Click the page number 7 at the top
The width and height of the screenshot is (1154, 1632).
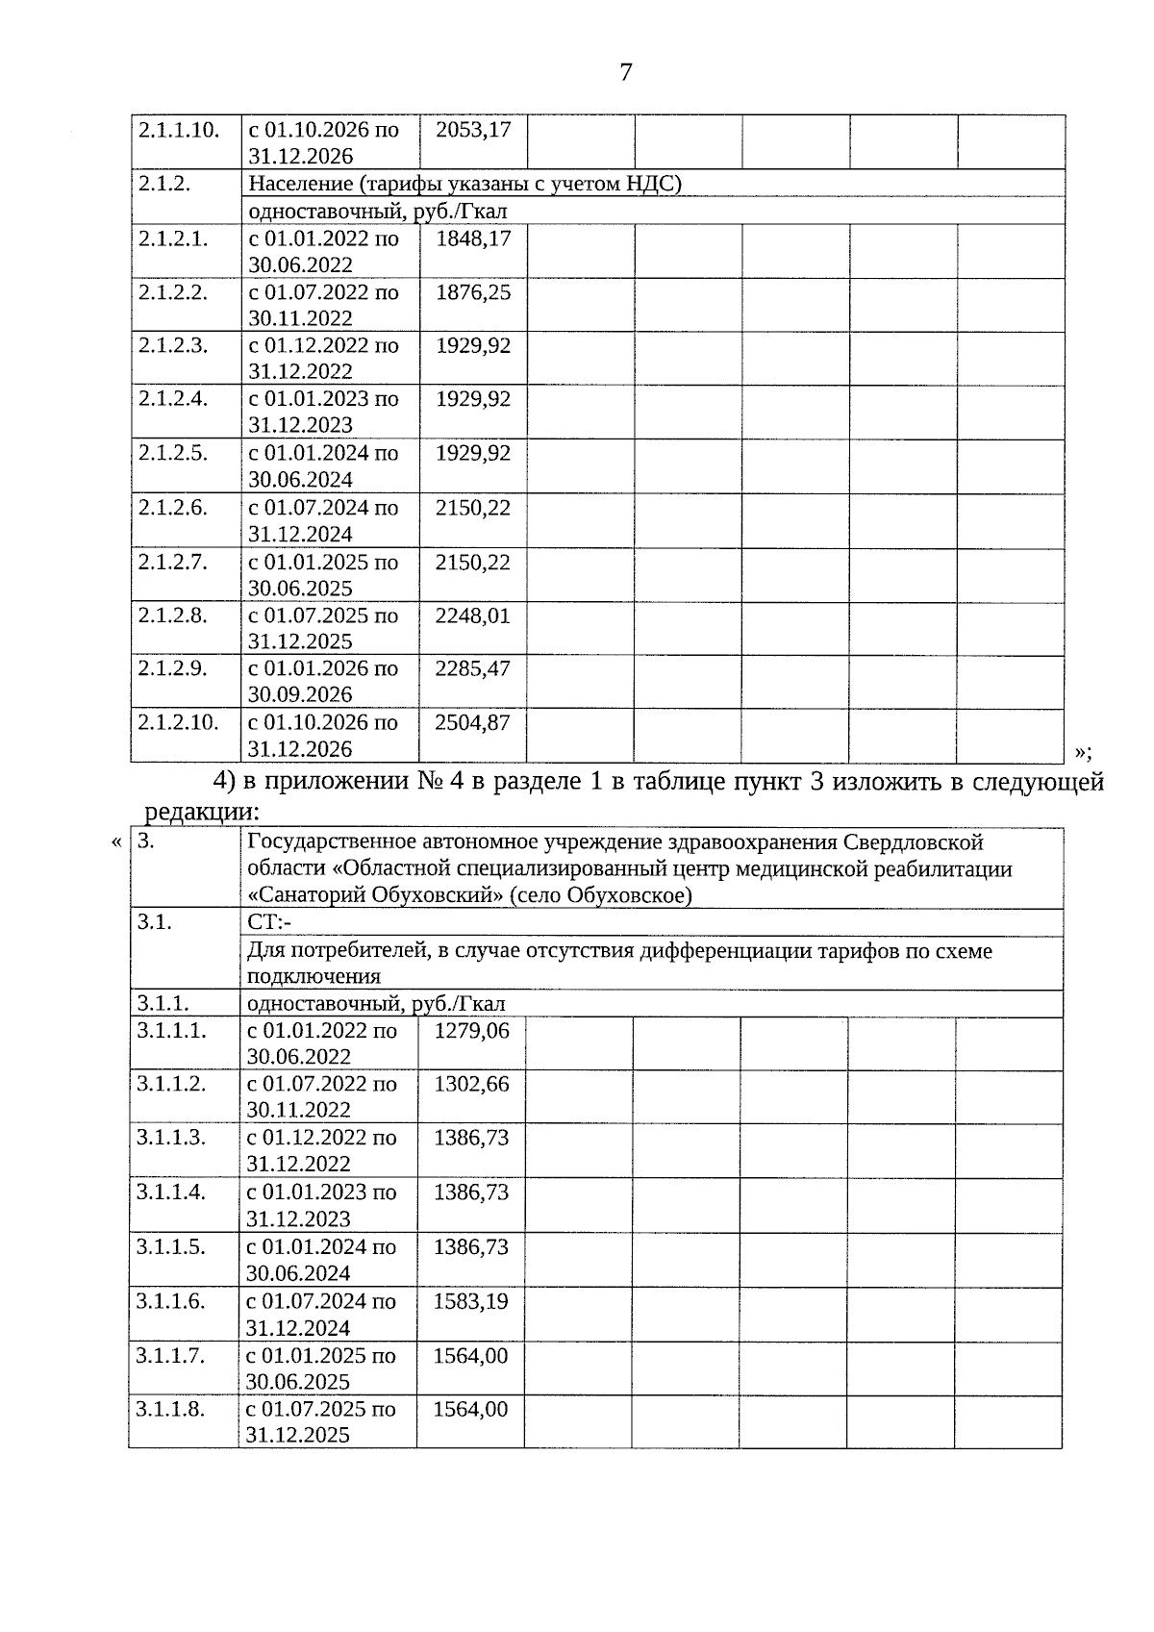[x=626, y=72]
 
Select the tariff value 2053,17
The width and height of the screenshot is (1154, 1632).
[x=473, y=129]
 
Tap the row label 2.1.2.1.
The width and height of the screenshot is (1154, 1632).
[x=172, y=239]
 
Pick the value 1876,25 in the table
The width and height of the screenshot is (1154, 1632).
[x=473, y=292]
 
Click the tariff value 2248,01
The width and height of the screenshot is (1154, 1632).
[x=472, y=615]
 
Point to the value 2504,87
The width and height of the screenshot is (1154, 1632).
[x=472, y=722]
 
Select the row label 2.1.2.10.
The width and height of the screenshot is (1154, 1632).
[x=178, y=722]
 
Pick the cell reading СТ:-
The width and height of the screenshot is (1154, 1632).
[x=268, y=923]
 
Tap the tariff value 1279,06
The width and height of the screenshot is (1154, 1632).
[x=471, y=1031]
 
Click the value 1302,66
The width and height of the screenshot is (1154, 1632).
[x=471, y=1085]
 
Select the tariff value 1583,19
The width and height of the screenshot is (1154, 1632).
[x=471, y=1302]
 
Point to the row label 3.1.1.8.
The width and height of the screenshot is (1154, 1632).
[x=171, y=1410]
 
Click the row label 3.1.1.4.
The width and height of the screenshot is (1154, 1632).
[x=171, y=1193]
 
